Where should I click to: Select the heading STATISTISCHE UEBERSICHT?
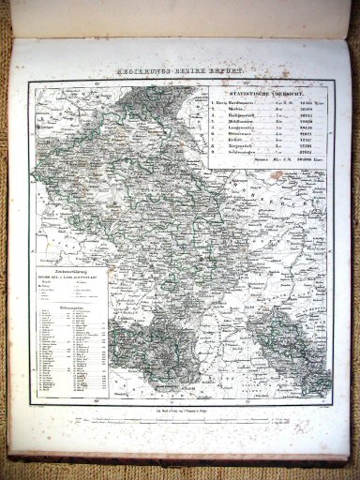[267, 93]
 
